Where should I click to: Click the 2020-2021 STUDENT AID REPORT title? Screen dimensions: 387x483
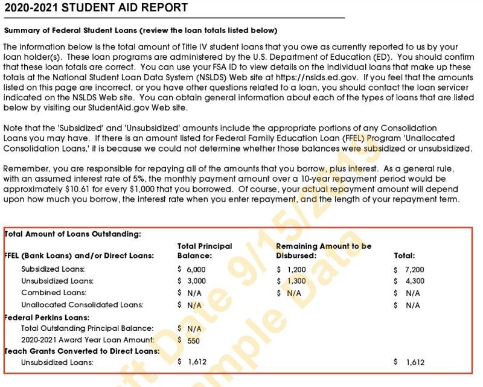click(x=96, y=8)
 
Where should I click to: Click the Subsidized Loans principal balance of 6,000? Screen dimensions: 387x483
click(x=195, y=269)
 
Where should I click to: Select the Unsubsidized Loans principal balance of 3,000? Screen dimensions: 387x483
click(x=195, y=281)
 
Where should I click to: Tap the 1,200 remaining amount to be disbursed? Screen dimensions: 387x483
click(x=295, y=269)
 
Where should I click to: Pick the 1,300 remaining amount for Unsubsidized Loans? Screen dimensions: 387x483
click(x=295, y=281)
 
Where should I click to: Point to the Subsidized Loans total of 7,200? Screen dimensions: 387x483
click(x=414, y=269)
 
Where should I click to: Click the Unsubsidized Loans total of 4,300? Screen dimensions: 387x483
click(x=414, y=281)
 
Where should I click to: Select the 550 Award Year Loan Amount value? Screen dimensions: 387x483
click(x=193, y=341)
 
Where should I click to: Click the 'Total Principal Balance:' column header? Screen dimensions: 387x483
click(x=204, y=251)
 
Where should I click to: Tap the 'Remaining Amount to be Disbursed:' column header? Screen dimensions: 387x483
click(x=324, y=251)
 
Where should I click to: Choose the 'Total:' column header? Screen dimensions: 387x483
click(x=405, y=256)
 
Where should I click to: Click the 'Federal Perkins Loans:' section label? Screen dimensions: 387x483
click(x=46, y=317)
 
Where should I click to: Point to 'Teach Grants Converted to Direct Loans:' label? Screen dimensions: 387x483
click(x=82, y=351)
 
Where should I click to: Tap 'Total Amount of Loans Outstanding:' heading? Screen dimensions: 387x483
click(x=72, y=234)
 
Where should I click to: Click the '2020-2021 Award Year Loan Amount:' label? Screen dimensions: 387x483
click(x=87, y=341)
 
